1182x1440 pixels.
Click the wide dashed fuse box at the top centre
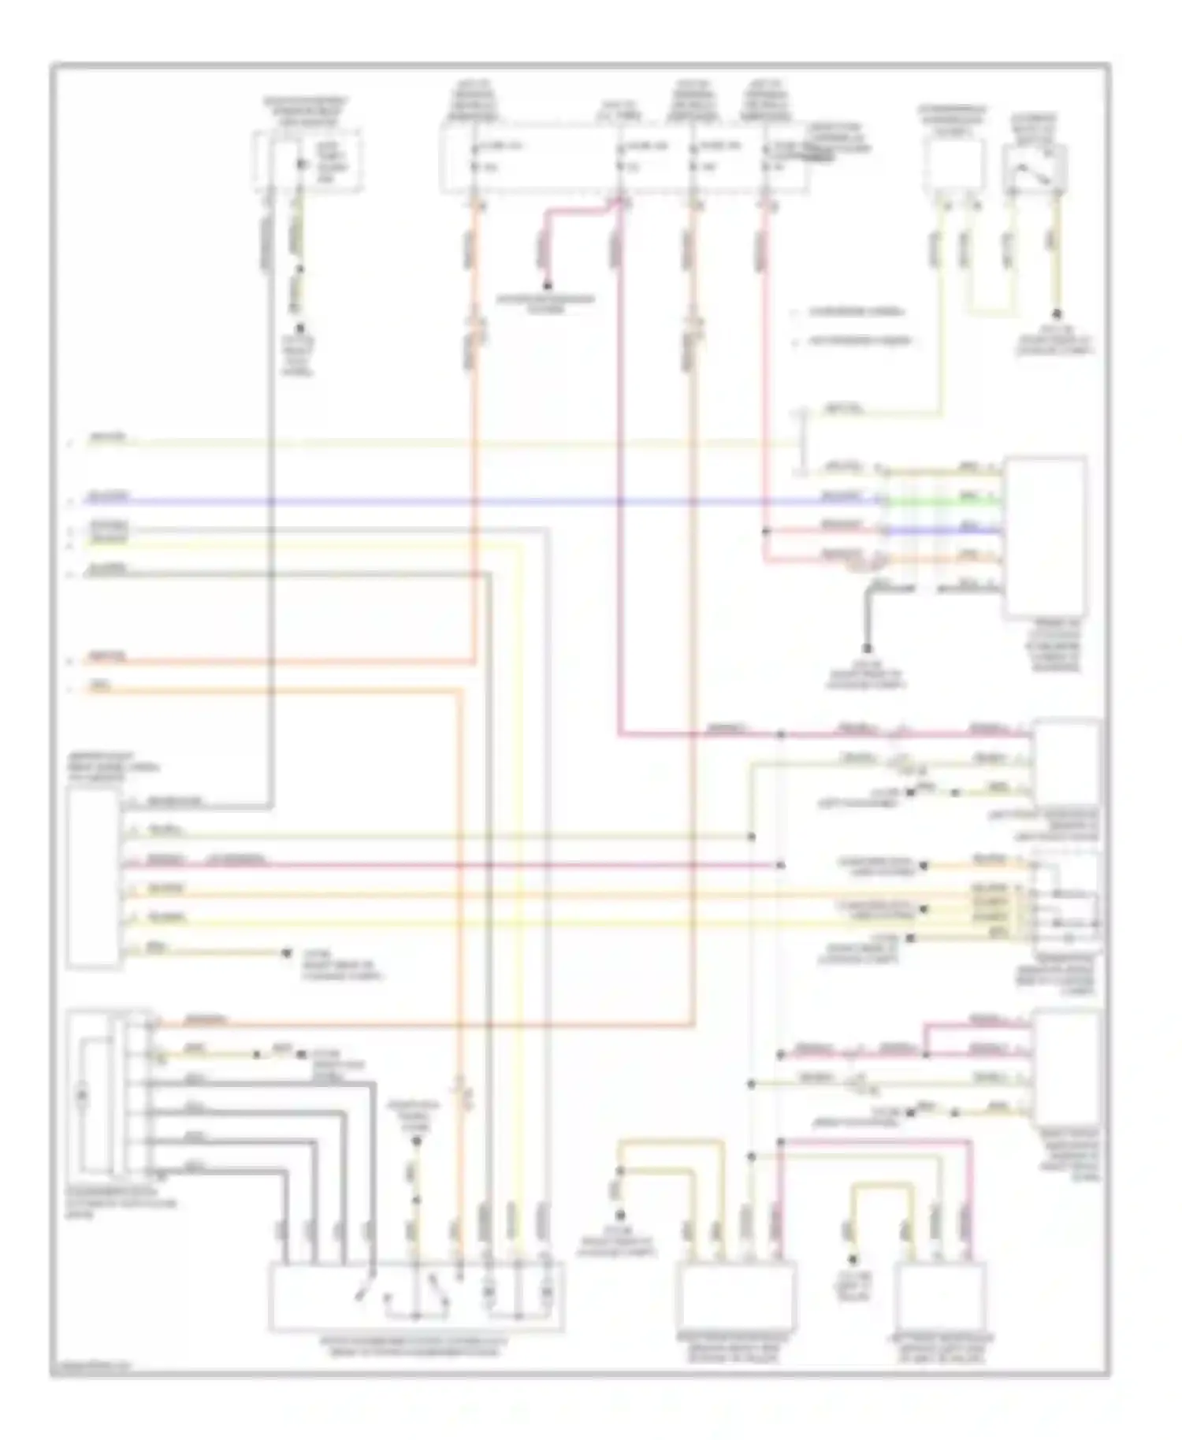tap(623, 161)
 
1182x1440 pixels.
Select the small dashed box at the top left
tap(307, 161)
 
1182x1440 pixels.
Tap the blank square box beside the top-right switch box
tap(954, 167)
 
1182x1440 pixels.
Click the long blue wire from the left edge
tap(473, 501)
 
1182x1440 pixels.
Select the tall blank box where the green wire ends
tap(1044, 536)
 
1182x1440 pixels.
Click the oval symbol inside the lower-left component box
tap(80, 1096)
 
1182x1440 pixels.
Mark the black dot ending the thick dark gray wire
tap(867, 648)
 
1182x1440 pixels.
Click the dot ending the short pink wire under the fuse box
tap(546, 285)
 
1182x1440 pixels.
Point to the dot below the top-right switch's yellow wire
tap(1056, 314)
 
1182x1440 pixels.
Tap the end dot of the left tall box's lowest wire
tap(287, 953)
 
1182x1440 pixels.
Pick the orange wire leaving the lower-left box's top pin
tap(426, 1025)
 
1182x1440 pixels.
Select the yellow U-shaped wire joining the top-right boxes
tap(990, 307)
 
